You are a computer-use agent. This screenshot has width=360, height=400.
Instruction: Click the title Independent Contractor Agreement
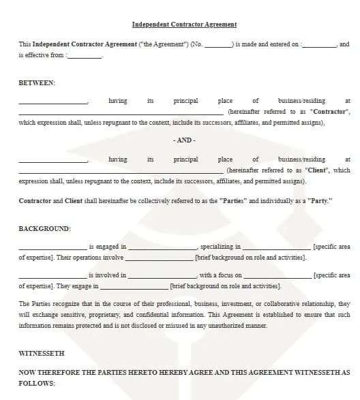184,25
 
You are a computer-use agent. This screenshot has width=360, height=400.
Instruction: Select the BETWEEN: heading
37,82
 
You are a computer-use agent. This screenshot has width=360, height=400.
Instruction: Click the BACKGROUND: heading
44,229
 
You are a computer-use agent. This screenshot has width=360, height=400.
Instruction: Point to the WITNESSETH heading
41,354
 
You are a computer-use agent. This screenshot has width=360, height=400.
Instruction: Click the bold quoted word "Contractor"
329,112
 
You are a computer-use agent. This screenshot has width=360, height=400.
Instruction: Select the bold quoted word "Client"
317,170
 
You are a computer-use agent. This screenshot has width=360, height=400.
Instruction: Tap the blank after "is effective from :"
85,56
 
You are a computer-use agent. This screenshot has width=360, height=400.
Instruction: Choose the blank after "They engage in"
135,287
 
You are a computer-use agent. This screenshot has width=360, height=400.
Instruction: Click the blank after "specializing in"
276,247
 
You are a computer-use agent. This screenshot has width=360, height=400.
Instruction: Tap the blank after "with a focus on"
276,276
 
